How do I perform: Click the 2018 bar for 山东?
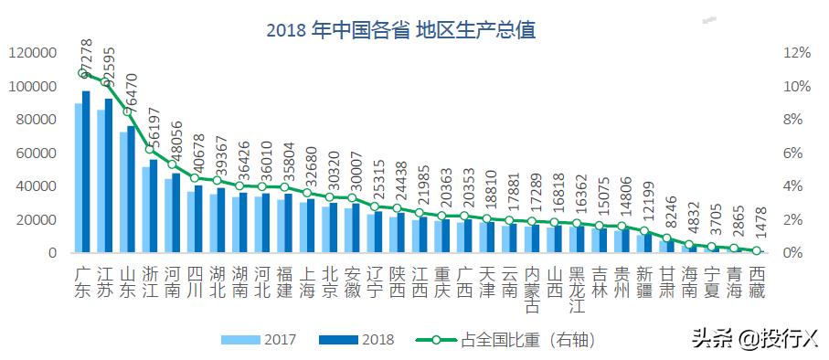131,189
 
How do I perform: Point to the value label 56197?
154,137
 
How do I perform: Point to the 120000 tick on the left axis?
32,53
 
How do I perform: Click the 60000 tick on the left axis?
36,153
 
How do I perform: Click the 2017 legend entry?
266,340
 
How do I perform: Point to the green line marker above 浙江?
149,149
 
